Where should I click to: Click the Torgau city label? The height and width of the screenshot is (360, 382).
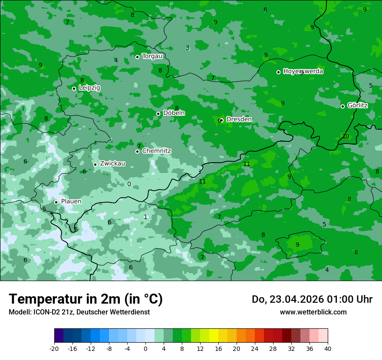click(x=152, y=56)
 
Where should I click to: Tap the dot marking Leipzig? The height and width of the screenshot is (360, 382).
click(x=74, y=88)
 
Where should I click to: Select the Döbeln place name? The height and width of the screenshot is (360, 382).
click(x=174, y=113)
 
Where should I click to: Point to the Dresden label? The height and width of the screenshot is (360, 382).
click(x=239, y=119)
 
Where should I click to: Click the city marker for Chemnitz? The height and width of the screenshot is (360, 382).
click(x=138, y=151)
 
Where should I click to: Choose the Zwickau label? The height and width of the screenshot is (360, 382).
click(x=112, y=164)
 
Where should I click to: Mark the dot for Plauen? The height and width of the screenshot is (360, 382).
click(x=56, y=202)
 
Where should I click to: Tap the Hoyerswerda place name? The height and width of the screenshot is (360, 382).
click(x=303, y=72)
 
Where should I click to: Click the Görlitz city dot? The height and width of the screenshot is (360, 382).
click(x=342, y=106)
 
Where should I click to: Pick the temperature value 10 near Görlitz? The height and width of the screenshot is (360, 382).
click(x=346, y=136)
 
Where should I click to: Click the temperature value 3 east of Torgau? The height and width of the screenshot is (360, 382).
click(x=188, y=48)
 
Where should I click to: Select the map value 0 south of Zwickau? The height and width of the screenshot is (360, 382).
click(x=128, y=184)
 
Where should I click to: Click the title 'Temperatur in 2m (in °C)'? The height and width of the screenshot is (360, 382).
click(x=86, y=299)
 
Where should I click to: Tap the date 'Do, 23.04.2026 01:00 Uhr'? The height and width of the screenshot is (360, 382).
click(x=312, y=299)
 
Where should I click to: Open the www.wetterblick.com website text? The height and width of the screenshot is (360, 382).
click(x=313, y=312)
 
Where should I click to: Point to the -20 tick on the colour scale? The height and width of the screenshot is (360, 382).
click(x=54, y=349)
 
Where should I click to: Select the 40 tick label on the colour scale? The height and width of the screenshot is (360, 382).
click(x=328, y=349)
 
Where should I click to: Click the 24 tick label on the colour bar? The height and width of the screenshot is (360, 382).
click(x=255, y=349)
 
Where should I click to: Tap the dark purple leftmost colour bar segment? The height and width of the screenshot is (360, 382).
click(x=59, y=336)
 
